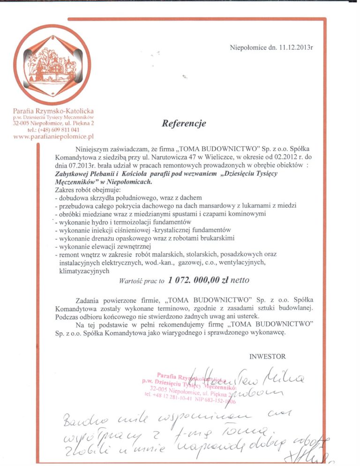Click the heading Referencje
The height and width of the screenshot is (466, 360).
(184, 124)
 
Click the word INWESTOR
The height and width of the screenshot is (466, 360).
(267, 357)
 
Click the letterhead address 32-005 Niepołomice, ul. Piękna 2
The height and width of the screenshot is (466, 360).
(54, 123)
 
